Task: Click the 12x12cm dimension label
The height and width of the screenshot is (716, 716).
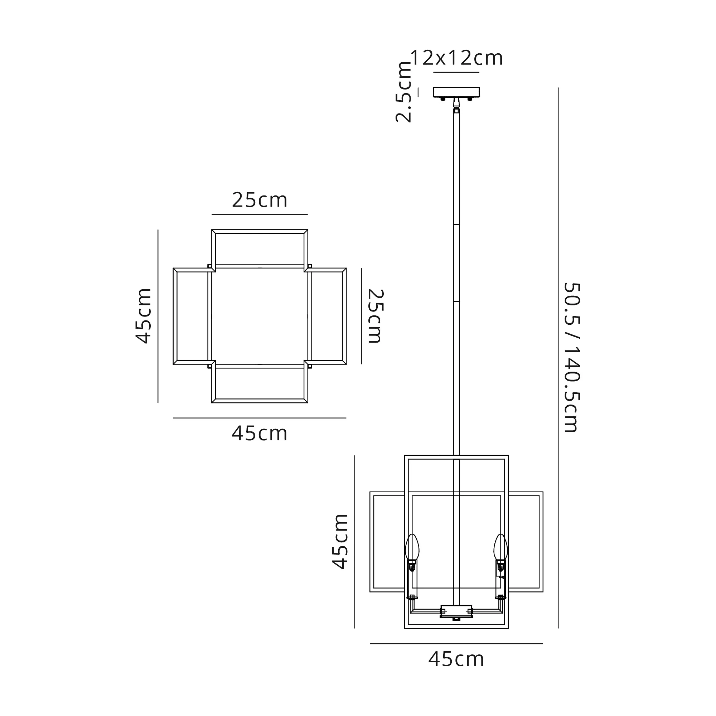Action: coord(456,58)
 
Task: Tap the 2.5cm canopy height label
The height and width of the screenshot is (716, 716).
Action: coord(403,92)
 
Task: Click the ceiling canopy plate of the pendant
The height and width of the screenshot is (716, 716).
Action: coord(456,92)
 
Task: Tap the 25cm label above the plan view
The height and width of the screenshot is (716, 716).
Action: coord(260,200)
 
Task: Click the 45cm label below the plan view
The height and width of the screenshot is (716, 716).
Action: coord(260,433)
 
